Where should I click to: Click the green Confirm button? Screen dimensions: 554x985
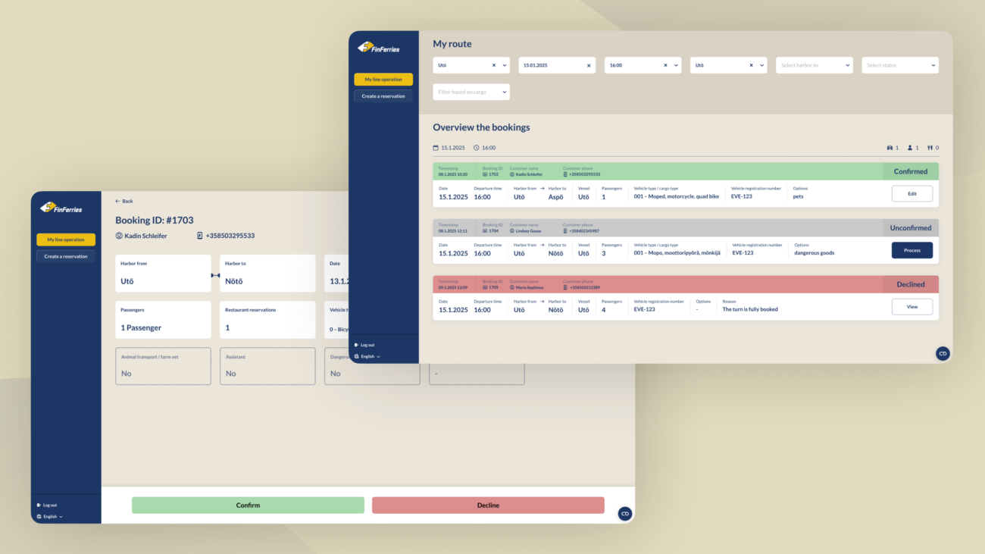point(248,505)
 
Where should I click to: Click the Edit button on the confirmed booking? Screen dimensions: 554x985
point(912,194)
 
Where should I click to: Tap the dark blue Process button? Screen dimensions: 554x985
point(912,250)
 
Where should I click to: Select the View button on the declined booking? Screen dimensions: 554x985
point(912,307)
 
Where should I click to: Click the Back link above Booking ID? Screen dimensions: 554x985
point(124,201)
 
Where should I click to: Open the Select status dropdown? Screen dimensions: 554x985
point(899,65)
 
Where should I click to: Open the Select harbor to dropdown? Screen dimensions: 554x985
point(814,65)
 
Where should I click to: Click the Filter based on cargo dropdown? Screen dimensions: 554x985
point(471,92)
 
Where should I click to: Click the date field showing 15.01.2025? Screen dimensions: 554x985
point(552,65)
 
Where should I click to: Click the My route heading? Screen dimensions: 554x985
point(452,44)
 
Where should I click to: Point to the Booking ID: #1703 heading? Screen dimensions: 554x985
point(153,221)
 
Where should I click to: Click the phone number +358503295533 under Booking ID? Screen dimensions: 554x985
point(230,236)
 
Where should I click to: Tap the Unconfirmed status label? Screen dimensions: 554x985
point(910,228)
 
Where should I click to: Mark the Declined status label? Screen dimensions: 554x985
point(910,285)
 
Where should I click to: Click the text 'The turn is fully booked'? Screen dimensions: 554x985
point(749,309)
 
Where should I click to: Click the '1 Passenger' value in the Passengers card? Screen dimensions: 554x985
point(141,328)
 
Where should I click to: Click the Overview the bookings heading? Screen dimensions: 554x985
point(481,127)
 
